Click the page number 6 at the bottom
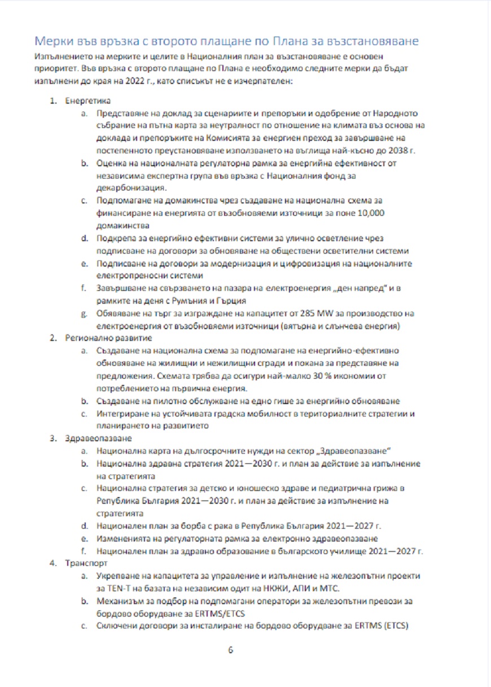click(230, 649)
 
